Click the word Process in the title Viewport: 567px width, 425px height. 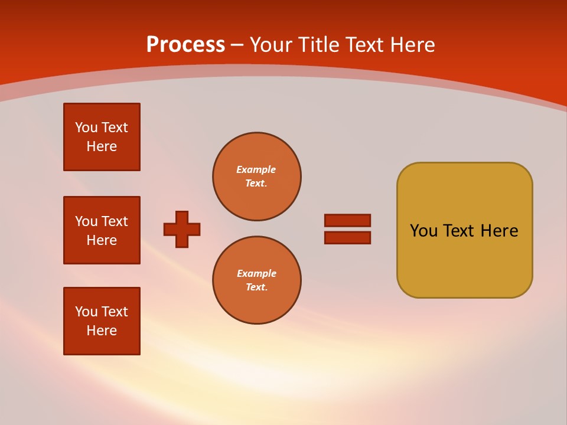(x=185, y=45)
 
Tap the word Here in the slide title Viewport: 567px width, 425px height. (x=411, y=45)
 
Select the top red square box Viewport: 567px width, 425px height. (x=102, y=137)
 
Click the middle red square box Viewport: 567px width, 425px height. (x=102, y=230)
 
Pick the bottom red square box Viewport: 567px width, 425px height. (x=102, y=321)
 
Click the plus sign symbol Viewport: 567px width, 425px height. (x=182, y=229)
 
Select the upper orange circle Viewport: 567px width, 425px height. (x=257, y=176)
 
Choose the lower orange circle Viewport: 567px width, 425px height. (x=257, y=280)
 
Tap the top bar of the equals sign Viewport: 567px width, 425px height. (x=347, y=220)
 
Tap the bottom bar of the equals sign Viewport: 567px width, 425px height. (x=347, y=237)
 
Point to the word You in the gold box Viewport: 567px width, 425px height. (x=423, y=231)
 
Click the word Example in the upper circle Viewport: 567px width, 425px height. (x=256, y=169)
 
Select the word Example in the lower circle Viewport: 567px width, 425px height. (x=256, y=273)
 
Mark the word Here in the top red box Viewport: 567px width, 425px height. (x=102, y=146)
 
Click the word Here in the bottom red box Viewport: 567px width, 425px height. (x=102, y=331)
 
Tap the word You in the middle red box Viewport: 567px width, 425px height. (x=85, y=221)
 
